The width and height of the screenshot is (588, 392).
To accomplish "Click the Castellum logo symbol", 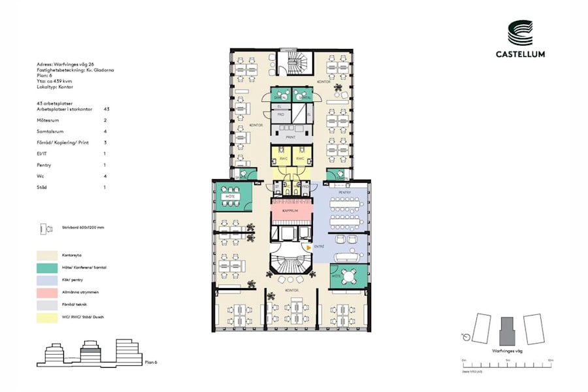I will tap(520, 33).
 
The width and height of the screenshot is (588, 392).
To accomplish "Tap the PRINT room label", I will tap(291, 137).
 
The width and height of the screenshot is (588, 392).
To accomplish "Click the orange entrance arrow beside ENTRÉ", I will tap(309, 248).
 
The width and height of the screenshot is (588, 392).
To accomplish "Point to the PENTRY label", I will tap(345, 193).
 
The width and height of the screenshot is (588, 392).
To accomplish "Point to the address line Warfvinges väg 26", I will tap(66, 64).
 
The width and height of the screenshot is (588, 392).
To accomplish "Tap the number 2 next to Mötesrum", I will tap(105, 121).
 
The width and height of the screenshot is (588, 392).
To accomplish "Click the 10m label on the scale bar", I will tap(551, 361).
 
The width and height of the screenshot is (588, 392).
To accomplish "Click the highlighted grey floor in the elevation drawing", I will tap(90, 351).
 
